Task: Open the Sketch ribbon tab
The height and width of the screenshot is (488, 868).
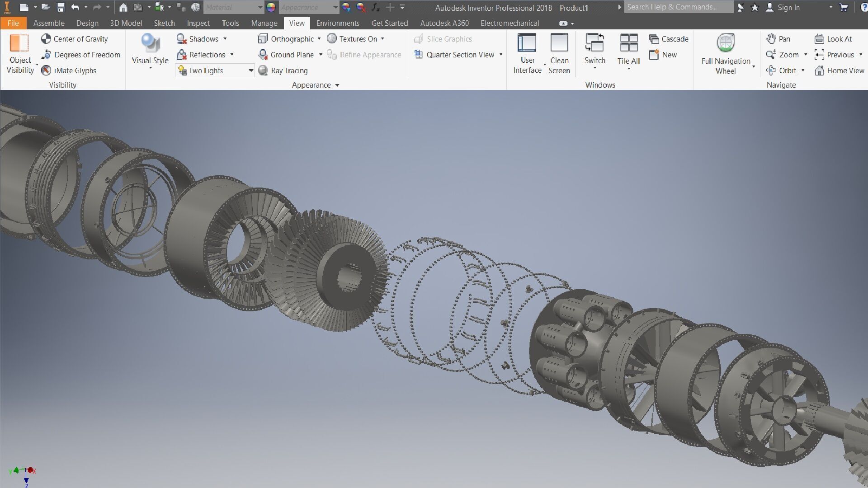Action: pos(164,23)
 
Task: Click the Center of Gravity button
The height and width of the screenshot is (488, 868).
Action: pos(75,39)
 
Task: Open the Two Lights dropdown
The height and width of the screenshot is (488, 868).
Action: pos(250,70)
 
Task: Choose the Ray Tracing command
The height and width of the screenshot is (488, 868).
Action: pos(283,70)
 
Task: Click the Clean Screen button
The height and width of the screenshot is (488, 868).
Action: pos(559,53)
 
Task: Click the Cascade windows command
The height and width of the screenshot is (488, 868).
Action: pos(669,39)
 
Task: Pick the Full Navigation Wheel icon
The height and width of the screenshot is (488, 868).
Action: pos(726,43)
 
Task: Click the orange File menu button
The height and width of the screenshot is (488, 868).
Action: pos(13,23)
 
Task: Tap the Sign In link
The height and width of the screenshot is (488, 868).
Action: pos(788,7)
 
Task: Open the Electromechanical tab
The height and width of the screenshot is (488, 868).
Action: pos(509,23)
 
